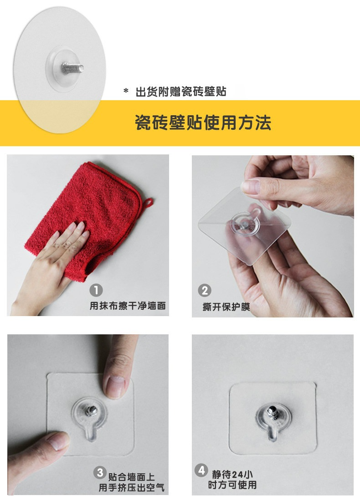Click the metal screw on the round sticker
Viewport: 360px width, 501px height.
point(72,68)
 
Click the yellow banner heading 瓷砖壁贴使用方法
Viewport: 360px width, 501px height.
point(203,123)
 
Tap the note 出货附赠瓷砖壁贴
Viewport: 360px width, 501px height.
point(181,92)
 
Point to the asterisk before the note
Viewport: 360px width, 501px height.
point(126,91)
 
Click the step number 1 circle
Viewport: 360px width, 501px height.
point(96,290)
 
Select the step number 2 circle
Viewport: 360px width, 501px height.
point(205,290)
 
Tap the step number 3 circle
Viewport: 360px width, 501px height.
point(100,472)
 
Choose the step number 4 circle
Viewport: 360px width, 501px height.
point(201,470)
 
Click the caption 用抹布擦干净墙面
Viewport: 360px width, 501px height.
point(128,306)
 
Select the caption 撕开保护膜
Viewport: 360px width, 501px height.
point(226,307)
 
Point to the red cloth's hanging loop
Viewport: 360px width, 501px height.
point(148,203)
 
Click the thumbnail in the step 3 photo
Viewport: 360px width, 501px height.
point(58,441)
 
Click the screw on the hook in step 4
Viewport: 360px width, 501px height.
point(273,412)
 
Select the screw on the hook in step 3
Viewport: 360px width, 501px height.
point(92,410)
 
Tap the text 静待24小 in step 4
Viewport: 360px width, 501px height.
point(232,474)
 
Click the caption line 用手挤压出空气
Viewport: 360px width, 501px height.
point(131,487)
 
